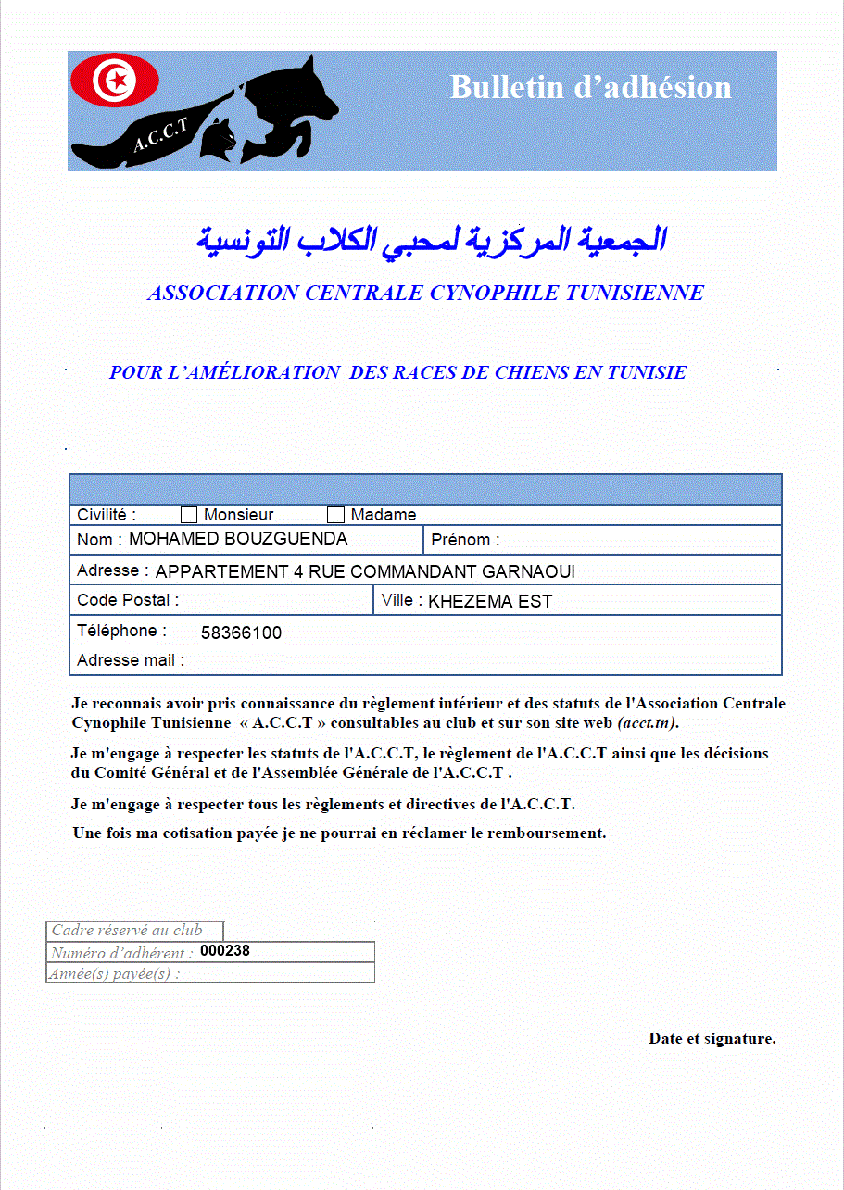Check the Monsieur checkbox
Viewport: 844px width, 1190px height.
click(x=189, y=515)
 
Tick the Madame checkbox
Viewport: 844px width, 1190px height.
click(x=336, y=515)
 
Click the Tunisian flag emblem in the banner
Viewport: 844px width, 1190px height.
click(x=115, y=81)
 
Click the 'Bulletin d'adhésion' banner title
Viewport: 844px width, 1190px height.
click(x=590, y=87)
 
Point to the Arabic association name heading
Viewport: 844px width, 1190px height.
click(x=431, y=240)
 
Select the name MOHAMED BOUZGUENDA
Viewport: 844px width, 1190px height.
click(x=238, y=539)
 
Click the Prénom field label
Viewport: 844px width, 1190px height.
click(x=465, y=540)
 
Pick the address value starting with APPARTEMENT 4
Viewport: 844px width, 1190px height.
click(x=365, y=571)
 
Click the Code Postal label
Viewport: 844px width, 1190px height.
click(x=128, y=600)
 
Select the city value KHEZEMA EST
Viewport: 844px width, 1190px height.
click(x=490, y=602)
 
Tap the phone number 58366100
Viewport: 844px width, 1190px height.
click(x=241, y=633)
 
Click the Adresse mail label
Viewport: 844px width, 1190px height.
click(x=131, y=660)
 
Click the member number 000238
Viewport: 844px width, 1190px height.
click(x=225, y=951)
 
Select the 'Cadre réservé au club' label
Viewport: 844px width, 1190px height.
click(x=127, y=931)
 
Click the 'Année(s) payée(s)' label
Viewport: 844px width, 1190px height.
click(x=115, y=973)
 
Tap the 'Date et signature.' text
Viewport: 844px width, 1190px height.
click(x=712, y=1038)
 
